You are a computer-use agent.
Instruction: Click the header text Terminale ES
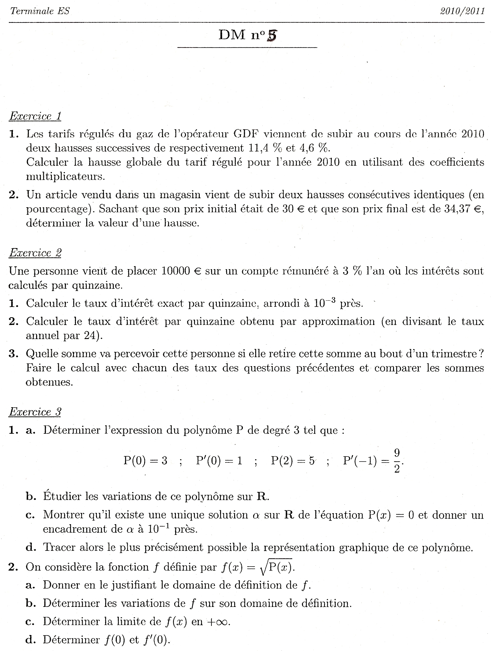click(40, 11)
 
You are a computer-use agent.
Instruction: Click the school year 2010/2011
click(462, 11)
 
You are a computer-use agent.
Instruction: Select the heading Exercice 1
click(35, 116)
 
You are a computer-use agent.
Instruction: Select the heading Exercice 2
click(35, 253)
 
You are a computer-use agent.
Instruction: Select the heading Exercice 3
click(35, 412)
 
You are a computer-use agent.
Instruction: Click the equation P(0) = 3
click(145, 461)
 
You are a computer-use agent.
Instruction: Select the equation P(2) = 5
click(292, 461)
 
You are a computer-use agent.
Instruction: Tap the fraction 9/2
click(397, 461)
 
